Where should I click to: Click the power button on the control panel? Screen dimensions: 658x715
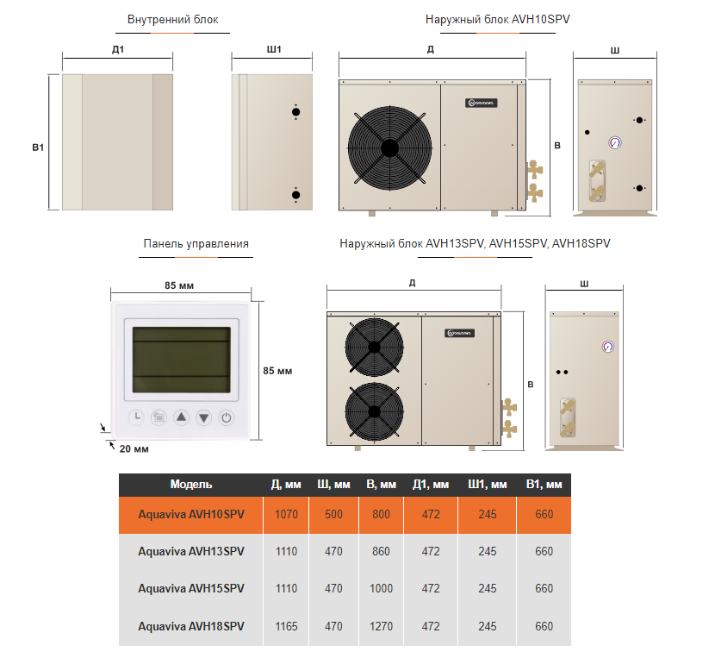[x=226, y=417]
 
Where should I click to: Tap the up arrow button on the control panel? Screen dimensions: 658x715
[x=181, y=417]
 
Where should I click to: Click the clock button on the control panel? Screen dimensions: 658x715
[x=136, y=417]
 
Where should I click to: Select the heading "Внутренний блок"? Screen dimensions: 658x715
[x=172, y=19]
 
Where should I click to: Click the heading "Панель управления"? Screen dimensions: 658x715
[x=196, y=244]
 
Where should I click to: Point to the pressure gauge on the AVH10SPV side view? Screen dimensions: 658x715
[x=615, y=141]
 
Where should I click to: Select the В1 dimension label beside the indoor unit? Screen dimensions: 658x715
[x=38, y=148]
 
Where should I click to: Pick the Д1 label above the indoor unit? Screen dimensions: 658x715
[x=118, y=49]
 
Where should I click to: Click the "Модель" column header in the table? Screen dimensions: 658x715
[x=191, y=485]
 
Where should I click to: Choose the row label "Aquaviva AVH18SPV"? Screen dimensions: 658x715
[x=191, y=626]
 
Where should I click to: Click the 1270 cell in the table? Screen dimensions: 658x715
[x=380, y=626]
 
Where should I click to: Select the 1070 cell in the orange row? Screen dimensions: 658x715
[x=286, y=514]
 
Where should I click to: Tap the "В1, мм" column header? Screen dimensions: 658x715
[x=544, y=485]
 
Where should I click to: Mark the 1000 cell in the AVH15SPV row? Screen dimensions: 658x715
[x=380, y=588]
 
